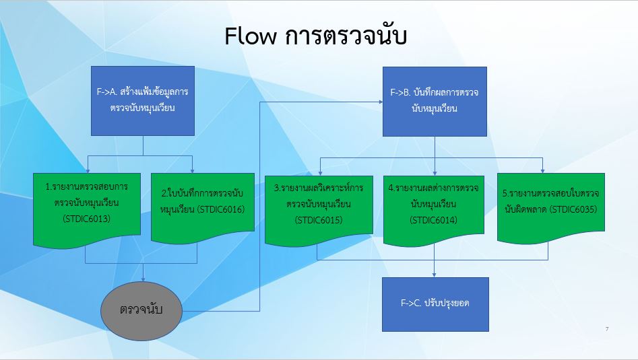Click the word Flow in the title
pos(250,36)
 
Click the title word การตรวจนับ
pos(346,36)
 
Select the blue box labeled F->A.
pos(143,101)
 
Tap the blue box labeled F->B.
pos(435,102)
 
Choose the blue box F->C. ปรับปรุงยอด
pos(435,304)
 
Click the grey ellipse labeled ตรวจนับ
pos(141,311)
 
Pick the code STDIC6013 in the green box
pos(87,219)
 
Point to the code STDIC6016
pos(221,210)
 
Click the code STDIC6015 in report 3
pos(319,220)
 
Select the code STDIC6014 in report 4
pos(434,220)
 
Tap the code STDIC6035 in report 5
pos(573,210)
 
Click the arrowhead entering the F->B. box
pos(381,102)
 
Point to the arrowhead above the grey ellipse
pos(143,279)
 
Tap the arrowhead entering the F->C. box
pos(434,275)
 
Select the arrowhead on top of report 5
pos(542,171)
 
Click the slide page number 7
pos(607,329)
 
